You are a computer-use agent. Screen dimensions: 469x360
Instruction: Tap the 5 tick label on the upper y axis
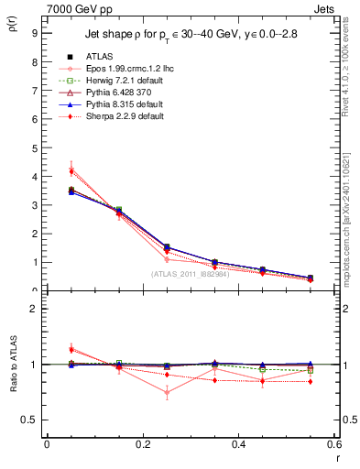tap(34, 147)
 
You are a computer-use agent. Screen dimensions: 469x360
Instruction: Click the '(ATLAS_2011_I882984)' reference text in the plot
tap(190, 274)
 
